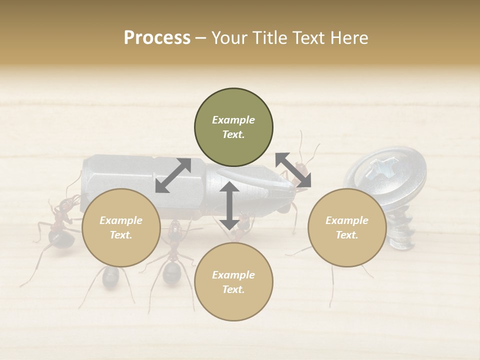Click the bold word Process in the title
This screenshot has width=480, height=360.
tap(157, 38)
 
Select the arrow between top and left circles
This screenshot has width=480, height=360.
tap(173, 175)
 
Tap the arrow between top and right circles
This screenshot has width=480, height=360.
tap(293, 170)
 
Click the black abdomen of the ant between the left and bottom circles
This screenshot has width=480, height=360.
tap(172, 272)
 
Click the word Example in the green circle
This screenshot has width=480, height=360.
tap(233, 120)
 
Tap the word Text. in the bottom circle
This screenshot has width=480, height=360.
tap(233, 289)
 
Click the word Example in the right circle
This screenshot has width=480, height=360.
tap(346, 220)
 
